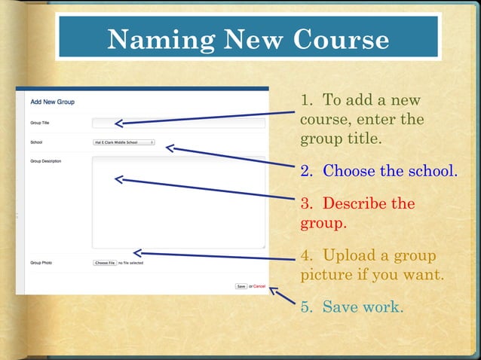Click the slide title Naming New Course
click(247, 39)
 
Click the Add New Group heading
click(52, 102)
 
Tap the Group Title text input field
click(179, 123)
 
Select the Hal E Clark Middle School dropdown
click(123, 142)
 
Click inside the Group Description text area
click(179, 202)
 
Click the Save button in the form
click(240, 286)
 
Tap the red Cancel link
click(259, 286)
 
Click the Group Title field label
click(40, 123)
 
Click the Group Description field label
click(45, 161)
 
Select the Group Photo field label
click(41, 263)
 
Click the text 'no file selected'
click(130, 263)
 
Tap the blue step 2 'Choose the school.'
click(378, 171)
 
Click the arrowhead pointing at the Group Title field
click(118, 123)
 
